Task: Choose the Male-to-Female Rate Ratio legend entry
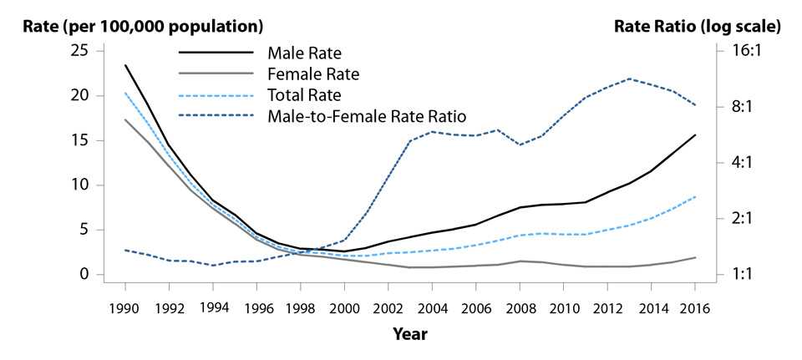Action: [367, 114]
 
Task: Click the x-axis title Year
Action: [409, 334]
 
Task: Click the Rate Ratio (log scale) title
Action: [698, 26]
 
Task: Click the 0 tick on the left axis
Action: [84, 274]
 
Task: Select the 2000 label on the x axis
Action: [343, 307]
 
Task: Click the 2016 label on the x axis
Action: [694, 307]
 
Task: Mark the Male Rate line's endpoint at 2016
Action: [695, 134]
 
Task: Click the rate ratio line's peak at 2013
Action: [630, 79]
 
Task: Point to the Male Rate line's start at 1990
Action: [125, 65]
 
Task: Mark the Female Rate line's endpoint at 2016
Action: [695, 257]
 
